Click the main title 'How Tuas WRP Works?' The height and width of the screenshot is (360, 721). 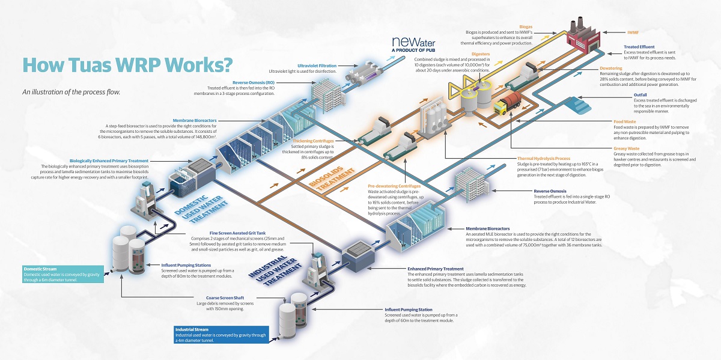click(x=127, y=66)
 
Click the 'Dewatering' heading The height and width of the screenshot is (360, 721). click(x=610, y=69)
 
